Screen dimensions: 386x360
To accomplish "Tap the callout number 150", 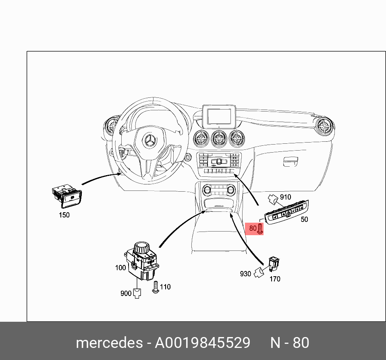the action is tap(64, 215).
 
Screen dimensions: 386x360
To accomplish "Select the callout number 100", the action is tap(120, 267).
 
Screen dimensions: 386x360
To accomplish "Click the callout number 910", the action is tap(285, 197).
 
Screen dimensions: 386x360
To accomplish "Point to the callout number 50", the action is tap(304, 219).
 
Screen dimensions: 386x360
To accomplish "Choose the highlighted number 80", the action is tap(253, 228).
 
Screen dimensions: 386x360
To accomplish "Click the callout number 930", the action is tap(245, 274).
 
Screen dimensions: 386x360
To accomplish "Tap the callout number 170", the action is tap(275, 279).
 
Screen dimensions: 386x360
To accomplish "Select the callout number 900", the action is tap(126, 293).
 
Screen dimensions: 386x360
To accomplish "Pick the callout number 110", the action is tap(165, 287).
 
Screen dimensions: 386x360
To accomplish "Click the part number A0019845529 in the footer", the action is tap(203, 343).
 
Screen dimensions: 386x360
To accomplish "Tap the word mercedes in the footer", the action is tap(109, 343).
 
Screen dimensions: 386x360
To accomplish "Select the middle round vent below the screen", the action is tap(219, 139).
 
